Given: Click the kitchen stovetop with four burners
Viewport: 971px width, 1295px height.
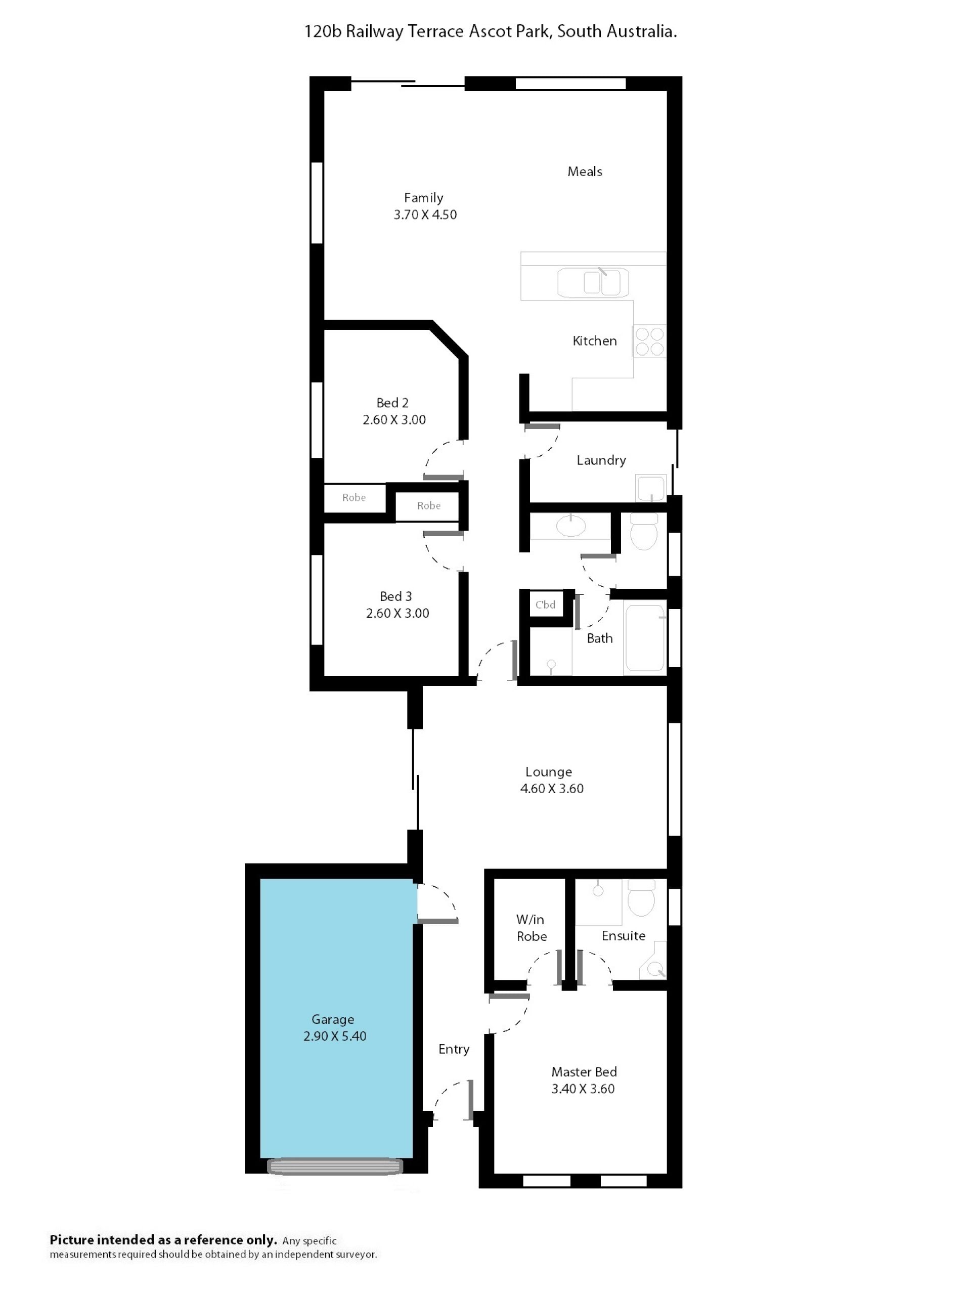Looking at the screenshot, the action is (649, 341).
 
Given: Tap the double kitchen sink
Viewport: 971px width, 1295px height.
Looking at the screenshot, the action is (593, 283).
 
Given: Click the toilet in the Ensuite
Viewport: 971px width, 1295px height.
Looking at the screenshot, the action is (641, 897).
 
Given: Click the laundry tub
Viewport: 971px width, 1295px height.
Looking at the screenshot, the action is (651, 488).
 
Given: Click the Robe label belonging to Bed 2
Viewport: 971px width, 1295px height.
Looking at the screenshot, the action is (354, 498).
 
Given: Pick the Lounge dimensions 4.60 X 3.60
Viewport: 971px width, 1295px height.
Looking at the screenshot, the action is (552, 789).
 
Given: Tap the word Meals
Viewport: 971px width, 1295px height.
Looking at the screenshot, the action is (585, 171).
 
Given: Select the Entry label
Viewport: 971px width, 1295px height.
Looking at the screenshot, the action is (454, 1049).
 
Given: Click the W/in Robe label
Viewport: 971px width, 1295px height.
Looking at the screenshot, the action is (531, 928).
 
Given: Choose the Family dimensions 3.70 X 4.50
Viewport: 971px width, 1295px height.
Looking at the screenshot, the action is (425, 215).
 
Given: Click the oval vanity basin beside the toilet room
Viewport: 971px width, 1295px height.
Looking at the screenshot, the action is (570, 526).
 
